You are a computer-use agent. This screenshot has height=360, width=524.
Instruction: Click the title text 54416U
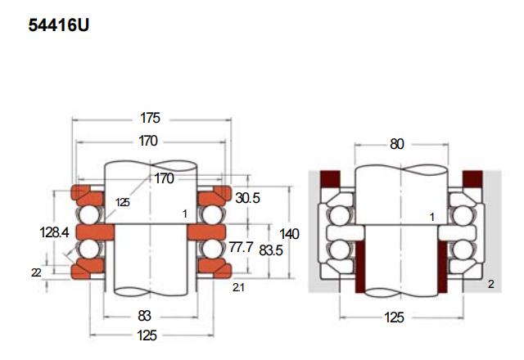point(58,25)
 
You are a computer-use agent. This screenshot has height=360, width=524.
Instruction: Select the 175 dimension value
point(150,118)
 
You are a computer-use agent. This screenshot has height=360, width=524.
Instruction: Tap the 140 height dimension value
point(289,234)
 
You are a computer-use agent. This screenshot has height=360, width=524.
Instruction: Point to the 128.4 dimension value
point(55,232)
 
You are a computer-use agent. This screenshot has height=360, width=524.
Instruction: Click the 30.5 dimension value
point(247,198)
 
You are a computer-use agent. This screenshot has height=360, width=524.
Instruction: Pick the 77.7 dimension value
point(242,247)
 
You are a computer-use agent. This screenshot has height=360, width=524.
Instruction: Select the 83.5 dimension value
point(271,250)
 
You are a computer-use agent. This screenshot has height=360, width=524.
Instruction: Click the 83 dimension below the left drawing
point(144,316)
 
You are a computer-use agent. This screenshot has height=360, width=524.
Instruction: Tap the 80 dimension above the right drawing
point(397,144)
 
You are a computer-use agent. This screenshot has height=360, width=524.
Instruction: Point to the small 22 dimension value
point(36,272)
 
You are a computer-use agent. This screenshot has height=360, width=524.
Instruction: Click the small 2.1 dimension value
point(238,287)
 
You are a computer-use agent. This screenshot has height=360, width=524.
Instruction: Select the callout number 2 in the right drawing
point(491,284)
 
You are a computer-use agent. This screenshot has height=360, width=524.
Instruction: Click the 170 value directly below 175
point(148,141)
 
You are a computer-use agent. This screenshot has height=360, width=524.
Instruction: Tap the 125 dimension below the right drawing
point(395,317)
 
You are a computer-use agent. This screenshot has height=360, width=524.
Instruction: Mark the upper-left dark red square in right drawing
point(330,179)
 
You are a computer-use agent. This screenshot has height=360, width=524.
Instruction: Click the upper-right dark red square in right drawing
point(472,179)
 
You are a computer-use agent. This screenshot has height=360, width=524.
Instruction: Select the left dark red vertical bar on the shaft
point(360,267)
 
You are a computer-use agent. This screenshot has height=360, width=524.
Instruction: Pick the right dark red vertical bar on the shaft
point(442,267)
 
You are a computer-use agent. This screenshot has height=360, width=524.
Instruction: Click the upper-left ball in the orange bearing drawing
point(89,214)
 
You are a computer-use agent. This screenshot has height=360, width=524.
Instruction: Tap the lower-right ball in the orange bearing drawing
point(213,249)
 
